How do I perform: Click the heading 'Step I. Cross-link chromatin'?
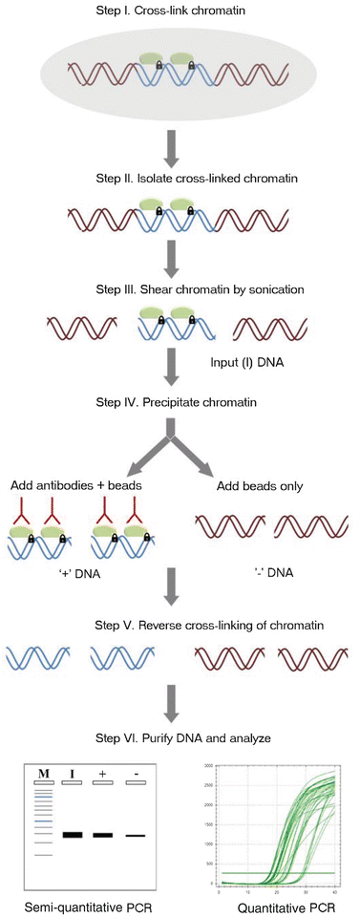[x=180, y=11]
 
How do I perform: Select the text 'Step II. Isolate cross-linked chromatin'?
[x=180, y=179]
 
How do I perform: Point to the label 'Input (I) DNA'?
[x=245, y=364]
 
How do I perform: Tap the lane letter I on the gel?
[x=72, y=771]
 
